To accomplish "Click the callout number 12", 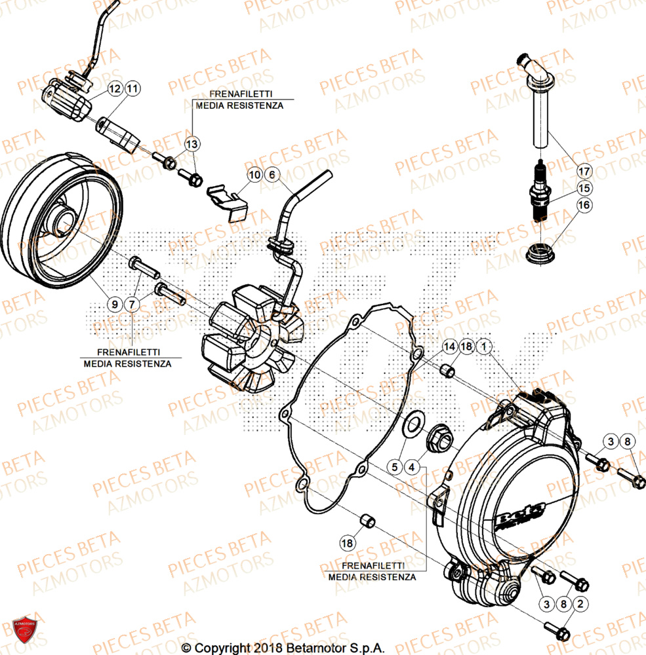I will coord(115,88).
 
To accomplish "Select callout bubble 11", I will coord(132,88).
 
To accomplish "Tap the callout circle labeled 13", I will coord(192,143).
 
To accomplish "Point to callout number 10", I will coord(254,175).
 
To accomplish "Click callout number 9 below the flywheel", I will coord(115,304).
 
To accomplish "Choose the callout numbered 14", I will coord(449,346).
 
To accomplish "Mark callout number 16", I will coord(584,206).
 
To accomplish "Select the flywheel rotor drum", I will coord(62,223).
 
